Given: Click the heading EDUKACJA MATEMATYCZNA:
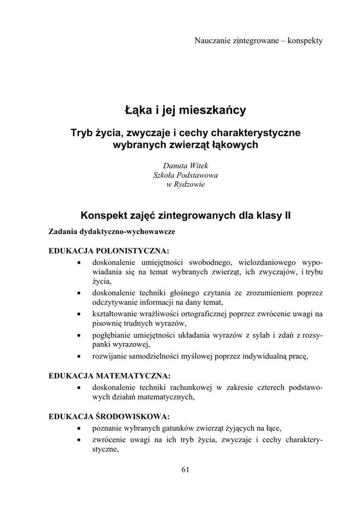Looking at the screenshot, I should pyautogui.click(x=110, y=375).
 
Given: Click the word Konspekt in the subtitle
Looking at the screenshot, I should pyautogui.click(x=104, y=216).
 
